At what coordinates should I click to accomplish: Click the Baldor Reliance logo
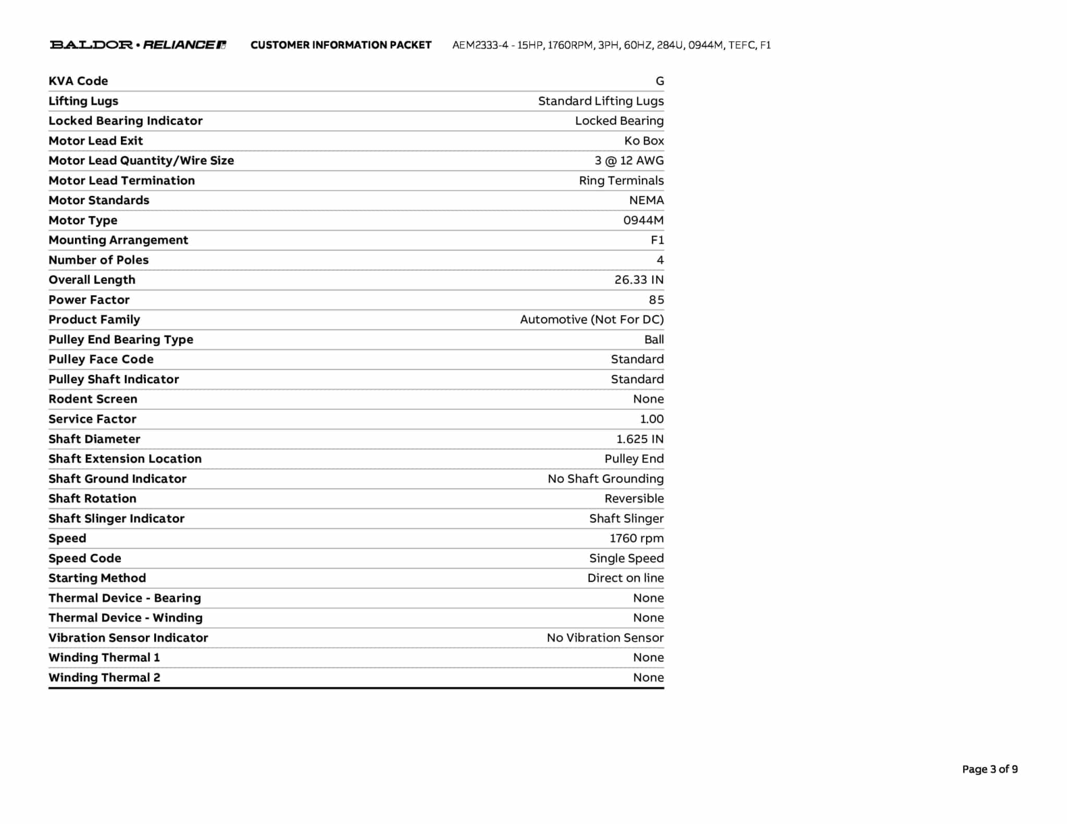(138, 45)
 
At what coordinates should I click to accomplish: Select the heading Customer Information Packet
(341, 45)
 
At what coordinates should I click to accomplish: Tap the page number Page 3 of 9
(989, 769)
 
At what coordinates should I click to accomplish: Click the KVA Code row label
(78, 81)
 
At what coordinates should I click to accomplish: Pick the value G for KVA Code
(660, 81)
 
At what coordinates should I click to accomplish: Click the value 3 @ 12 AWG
(629, 160)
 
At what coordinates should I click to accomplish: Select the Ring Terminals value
(621, 180)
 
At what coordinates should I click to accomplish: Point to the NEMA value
(646, 200)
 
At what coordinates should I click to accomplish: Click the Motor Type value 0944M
(643, 220)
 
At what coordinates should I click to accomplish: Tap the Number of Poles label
(98, 260)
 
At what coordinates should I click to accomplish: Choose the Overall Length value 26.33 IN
(639, 280)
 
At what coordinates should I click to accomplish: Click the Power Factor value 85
(656, 299)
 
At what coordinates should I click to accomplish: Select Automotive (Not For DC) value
(592, 319)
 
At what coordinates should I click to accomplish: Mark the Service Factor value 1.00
(652, 419)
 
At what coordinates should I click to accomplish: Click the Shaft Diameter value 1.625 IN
(640, 439)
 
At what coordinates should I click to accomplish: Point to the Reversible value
(634, 498)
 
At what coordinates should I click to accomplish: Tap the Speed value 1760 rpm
(636, 538)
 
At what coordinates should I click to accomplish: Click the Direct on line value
(625, 578)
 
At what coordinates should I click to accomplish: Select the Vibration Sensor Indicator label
(128, 638)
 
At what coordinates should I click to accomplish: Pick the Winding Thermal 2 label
(104, 677)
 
